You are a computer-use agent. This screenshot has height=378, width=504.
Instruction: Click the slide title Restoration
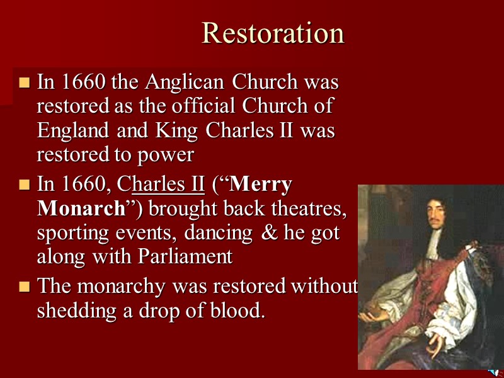pyautogui.click(x=273, y=33)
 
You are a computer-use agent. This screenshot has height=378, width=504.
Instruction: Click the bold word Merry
pyautogui.click(x=260, y=185)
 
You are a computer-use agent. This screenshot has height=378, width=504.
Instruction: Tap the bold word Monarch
pyautogui.click(x=81, y=209)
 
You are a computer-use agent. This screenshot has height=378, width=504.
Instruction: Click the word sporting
pyautogui.click(x=74, y=232)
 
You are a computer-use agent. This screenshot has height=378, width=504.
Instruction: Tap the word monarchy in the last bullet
pyautogui.click(x=122, y=287)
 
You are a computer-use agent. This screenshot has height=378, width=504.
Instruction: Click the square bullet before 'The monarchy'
pyautogui.click(x=25, y=287)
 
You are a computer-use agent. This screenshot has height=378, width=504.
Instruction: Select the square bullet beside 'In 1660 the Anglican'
pyautogui.click(x=25, y=83)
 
